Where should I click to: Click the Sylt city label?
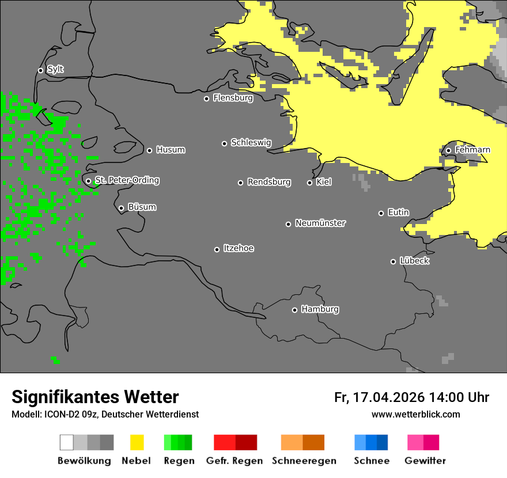pos(55,70)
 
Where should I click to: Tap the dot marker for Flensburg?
pos(206,98)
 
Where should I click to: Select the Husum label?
pos(171,150)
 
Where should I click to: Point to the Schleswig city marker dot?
pos(225,143)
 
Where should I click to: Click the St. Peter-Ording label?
pos(127,180)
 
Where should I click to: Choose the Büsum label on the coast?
pos(142,207)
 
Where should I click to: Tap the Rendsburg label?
pos(269,182)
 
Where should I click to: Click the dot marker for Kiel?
pos(309,183)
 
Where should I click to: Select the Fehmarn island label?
pos(472,150)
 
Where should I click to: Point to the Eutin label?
pos(398,213)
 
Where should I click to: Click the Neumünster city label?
pos(320,223)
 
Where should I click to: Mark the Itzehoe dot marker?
pos(217,249)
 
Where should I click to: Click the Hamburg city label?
pos(320,309)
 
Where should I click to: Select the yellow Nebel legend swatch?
pos(137,442)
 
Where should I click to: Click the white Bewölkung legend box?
pos(67,442)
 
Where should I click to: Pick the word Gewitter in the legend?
pos(425,461)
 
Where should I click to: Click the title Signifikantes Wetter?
pos(95,397)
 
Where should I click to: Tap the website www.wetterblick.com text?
pos(415,414)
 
